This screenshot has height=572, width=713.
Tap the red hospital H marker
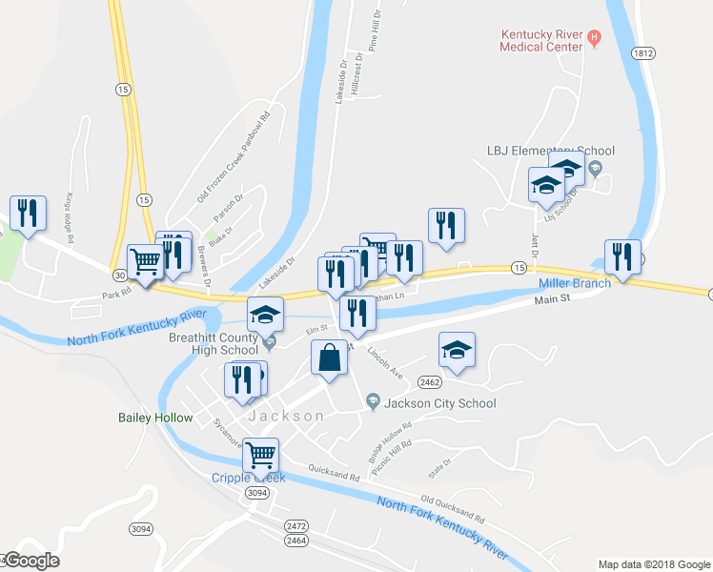tap(595, 38)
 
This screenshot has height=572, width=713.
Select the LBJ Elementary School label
tap(550, 151)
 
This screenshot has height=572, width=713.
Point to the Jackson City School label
tap(439, 403)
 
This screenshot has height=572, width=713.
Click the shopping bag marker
tap(329, 359)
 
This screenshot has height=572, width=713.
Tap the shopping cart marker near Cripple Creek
tap(260, 457)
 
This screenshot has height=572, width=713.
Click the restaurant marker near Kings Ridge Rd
tap(28, 214)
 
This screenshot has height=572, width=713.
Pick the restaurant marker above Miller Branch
tap(622, 256)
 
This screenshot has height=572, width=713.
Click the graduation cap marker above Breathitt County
tap(266, 314)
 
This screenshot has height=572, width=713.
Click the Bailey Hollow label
tap(155, 418)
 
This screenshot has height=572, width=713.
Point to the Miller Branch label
tap(575, 284)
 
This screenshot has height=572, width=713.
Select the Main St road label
tap(551, 299)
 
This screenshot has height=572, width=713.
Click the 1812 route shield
tap(642, 54)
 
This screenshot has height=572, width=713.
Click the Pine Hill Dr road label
tap(377, 30)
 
